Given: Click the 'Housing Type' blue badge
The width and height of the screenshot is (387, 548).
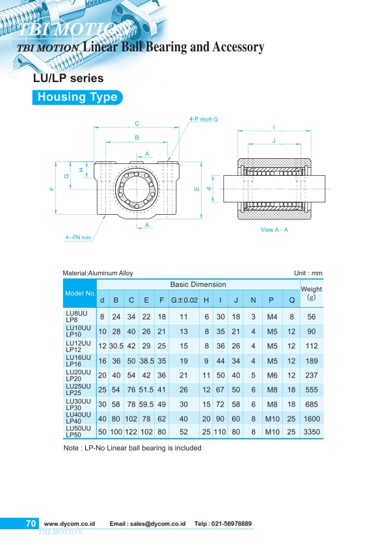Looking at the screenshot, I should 77,98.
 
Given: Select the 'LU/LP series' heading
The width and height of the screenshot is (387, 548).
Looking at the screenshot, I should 68,79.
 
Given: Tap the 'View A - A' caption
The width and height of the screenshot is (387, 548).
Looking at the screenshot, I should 274,230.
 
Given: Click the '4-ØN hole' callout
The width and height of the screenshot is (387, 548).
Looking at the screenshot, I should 78,238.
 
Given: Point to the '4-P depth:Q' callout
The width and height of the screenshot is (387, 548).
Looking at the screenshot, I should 204,119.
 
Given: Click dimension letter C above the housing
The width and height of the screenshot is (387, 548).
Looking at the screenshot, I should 137,124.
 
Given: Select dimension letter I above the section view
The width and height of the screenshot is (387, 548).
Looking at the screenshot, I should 274,127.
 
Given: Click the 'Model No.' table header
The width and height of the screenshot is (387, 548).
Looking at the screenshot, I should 80,294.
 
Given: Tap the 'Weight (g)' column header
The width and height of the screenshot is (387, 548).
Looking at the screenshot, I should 311,294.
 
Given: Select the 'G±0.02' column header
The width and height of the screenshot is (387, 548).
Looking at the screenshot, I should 183,301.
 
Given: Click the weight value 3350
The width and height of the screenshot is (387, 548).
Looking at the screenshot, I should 311,432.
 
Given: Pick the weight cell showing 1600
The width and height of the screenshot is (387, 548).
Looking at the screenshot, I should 311,417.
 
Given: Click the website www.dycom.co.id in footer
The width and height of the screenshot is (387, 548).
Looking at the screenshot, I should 70,524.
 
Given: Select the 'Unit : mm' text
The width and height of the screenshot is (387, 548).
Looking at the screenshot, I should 308,273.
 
